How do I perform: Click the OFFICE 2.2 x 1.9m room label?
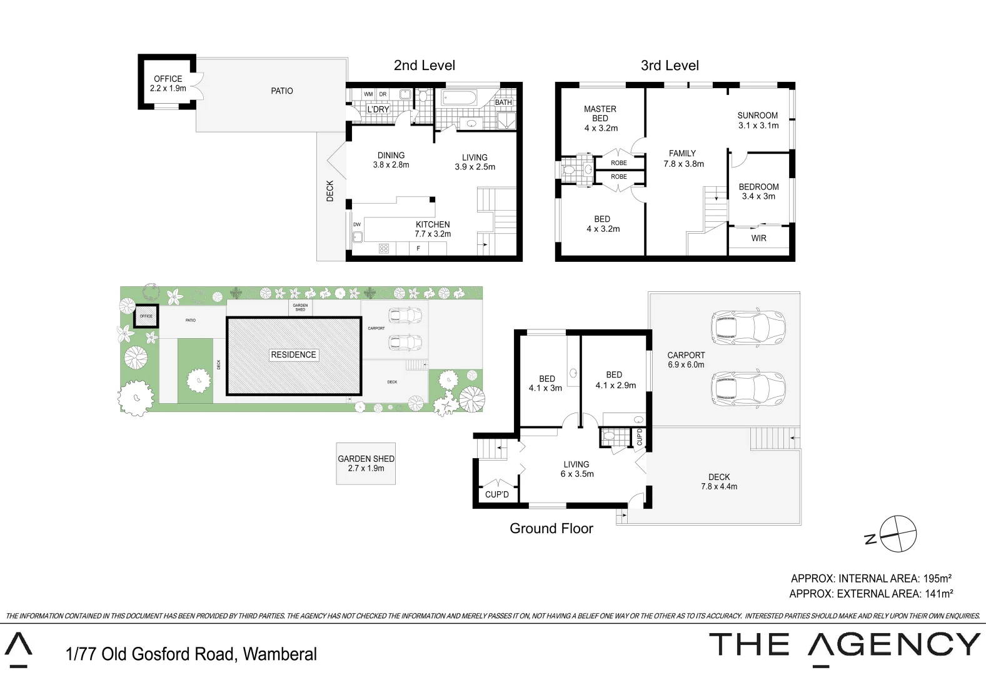point(168,83)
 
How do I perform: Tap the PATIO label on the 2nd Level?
point(281,91)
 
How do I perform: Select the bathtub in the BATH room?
point(459,98)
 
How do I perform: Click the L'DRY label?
point(378,109)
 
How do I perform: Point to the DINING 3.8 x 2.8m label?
point(391,160)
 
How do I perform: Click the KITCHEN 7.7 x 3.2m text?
point(433,229)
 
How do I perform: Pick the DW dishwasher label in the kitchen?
point(357,224)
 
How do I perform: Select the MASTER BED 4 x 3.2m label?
point(600,118)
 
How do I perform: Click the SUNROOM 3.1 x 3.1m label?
point(758,121)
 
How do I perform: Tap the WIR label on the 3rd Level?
point(758,238)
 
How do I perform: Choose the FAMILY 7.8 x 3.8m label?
point(683,158)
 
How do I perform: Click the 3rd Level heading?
point(670,66)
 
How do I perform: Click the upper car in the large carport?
point(747,327)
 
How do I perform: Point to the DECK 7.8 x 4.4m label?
point(719,481)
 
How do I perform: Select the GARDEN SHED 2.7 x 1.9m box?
point(366,463)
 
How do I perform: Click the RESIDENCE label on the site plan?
point(293,354)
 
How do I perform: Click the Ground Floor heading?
point(551,529)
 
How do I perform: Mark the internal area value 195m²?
point(937,579)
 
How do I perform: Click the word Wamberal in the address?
point(279,654)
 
